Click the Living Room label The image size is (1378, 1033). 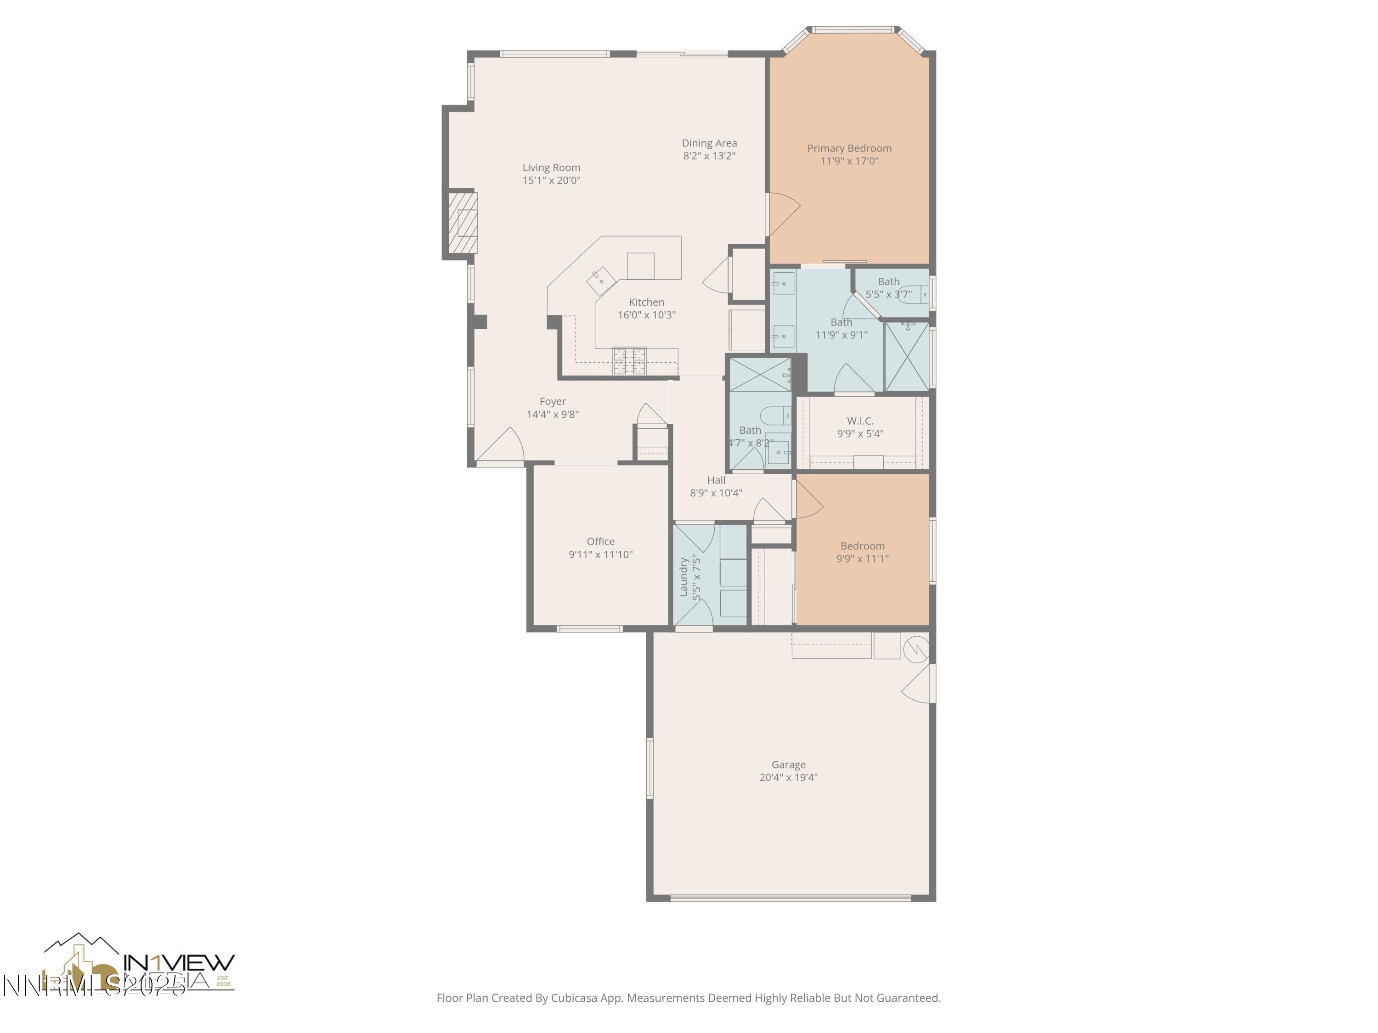pos(551,168)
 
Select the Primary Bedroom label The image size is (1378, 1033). pos(849,148)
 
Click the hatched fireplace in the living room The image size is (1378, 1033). pos(463,222)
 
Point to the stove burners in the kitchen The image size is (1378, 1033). pos(629,362)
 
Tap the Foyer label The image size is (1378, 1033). pos(553,402)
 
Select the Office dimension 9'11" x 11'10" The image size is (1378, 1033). pos(600,555)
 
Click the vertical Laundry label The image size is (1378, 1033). pos(683,577)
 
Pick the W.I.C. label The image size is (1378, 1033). pos(860,421)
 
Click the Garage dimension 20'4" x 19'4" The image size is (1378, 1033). pos(788,777)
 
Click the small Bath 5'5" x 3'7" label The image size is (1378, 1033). pos(888,281)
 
